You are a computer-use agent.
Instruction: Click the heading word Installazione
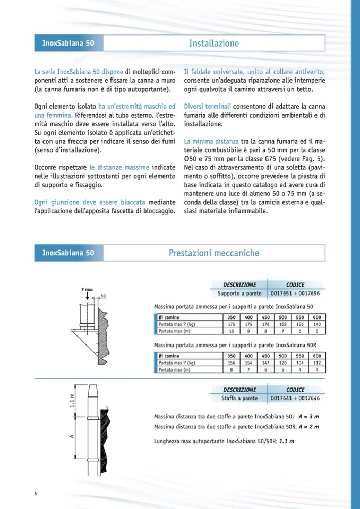pos(214,44)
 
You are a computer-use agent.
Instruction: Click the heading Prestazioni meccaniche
pos(214,253)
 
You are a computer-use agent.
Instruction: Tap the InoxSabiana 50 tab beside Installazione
pos(68,44)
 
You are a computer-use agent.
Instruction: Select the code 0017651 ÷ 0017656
pos(295,292)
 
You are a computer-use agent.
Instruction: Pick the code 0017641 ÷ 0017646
pos(295,398)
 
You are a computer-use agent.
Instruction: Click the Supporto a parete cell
pos(239,292)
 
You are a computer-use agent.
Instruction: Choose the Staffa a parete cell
pos(239,398)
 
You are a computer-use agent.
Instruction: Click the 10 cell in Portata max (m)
pos(232,331)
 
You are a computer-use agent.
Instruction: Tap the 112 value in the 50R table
pos(317,363)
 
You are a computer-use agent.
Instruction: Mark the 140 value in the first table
pos(317,324)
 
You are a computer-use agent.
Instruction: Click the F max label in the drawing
pos(87,289)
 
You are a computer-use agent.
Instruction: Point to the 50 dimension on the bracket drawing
pos(104,295)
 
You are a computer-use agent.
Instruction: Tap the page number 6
pos(36,494)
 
